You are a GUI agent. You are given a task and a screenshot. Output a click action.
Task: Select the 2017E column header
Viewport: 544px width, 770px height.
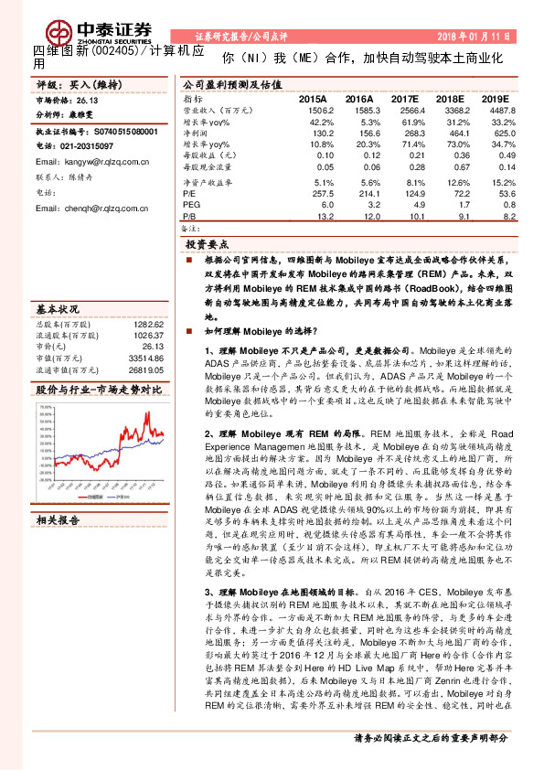pyautogui.click(x=403, y=97)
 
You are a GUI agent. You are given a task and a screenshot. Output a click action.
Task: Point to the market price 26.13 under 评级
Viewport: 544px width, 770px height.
pyautogui.click(x=91, y=103)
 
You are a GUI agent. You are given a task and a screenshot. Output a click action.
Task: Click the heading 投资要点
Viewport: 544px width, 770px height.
pyautogui.click(x=207, y=246)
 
